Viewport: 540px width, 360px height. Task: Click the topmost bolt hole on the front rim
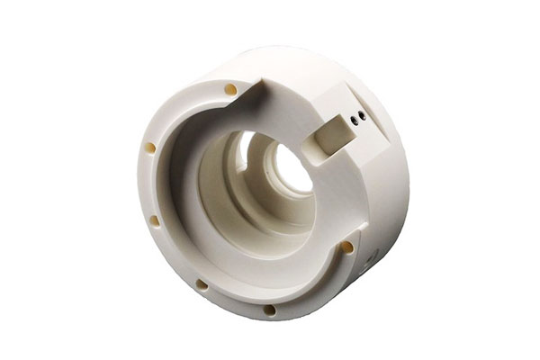pos(231,89)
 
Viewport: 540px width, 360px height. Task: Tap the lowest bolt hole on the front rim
pos(269,310)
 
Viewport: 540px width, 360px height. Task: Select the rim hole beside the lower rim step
pos(346,247)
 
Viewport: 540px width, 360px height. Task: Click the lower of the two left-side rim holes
pos(154,220)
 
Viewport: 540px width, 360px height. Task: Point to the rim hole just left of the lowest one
pos(202,285)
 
